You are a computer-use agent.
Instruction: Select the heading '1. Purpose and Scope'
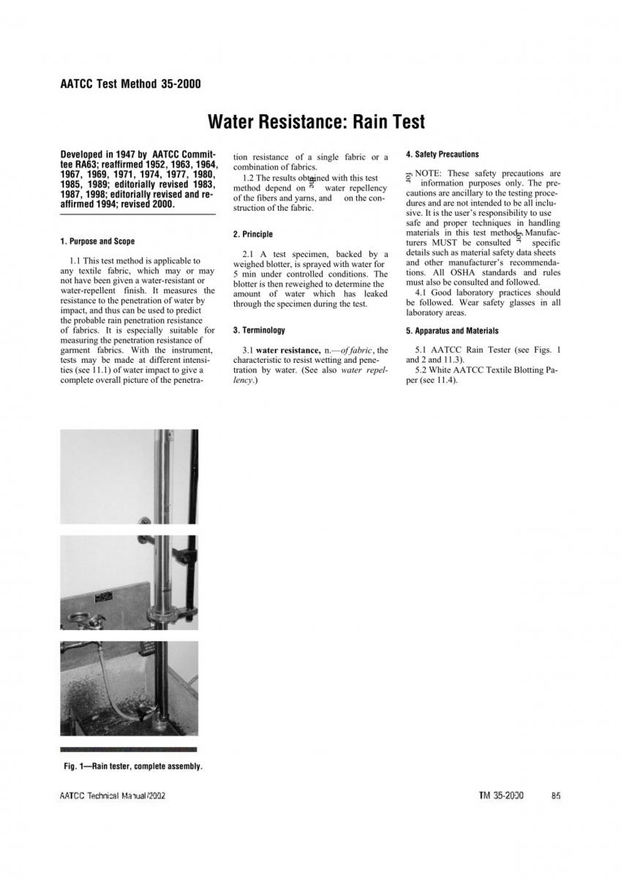pyautogui.click(x=97, y=241)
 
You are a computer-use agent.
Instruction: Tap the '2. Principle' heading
pyautogui.click(x=252, y=234)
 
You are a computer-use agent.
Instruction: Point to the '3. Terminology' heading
pyautogui.click(x=259, y=331)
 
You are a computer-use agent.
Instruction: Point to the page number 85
pyautogui.click(x=556, y=795)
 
